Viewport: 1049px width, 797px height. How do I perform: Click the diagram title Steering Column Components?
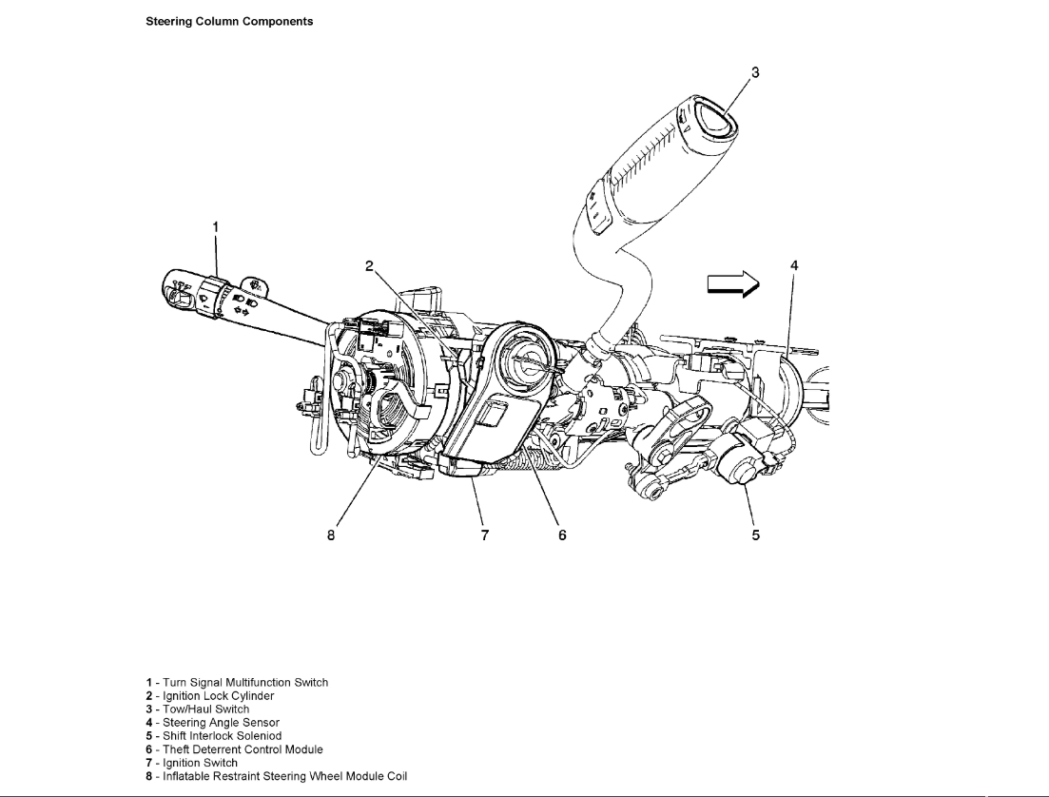pyautogui.click(x=229, y=21)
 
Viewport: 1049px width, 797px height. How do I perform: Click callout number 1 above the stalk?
pyautogui.click(x=216, y=226)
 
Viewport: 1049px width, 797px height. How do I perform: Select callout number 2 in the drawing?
pyautogui.click(x=370, y=266)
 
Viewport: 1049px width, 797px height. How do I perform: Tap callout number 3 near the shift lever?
pyautogui.click(x=755, y=71)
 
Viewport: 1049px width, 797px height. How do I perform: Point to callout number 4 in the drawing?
pyautogui.click(x=794, y=265)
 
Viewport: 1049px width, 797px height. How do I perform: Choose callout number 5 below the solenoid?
pyautogui.click(x=756, y=535)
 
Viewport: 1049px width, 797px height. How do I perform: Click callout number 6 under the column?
pyautogui.click(x=562, y=535)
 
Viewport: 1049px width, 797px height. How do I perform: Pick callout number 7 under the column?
pyautogui.click(x=485, y=535)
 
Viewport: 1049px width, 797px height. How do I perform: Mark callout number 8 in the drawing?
pyautogui.click(x=331, y=535)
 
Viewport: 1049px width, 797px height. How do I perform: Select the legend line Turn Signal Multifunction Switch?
pyautogui.click(x=237, y=683)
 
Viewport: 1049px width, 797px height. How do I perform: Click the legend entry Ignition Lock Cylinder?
pyautogui.click(x=210, y=696)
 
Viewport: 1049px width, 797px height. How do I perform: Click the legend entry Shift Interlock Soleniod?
pyautogui.click(x=214, y=736)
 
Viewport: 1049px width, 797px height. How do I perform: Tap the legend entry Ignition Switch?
pyautogui.click(x=192, y=763)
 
